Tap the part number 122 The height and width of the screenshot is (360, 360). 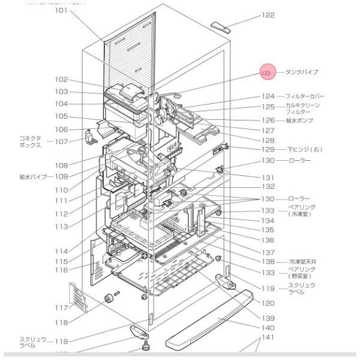(x=267, y=16)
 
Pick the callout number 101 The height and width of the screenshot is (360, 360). (x=62, y=11)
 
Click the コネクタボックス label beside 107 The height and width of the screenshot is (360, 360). (x=31, y=141)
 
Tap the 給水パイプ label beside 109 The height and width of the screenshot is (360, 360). (x=34, y=176)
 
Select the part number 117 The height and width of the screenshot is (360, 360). (x=62, y=308)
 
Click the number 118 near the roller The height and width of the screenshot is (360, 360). (x=62, y=322)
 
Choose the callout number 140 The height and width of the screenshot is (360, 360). (x=268, y=328)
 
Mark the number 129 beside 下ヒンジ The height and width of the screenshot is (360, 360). (x=268, y=149)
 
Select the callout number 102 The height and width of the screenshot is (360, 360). (x=62, y=80)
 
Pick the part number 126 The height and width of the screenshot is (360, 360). (x=268, y=121)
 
